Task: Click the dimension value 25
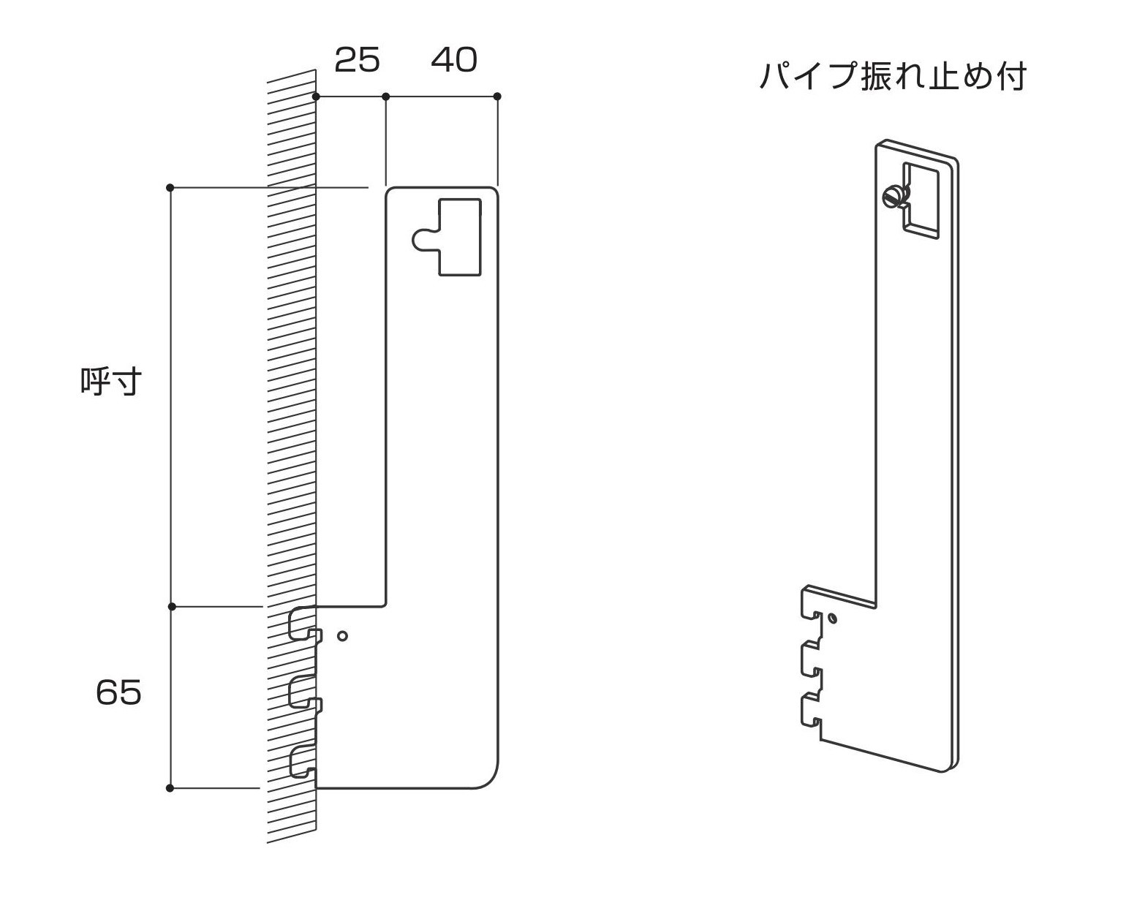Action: pyautogui.click(x=357, y=60)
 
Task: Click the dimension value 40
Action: pyautogui.click(x=453, y=60)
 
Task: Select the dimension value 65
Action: pyautogui.click(x=118, y=692)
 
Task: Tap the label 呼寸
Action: pyautogui.click(x=110, y=381)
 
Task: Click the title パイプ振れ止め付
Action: pyautogui.click(x=893, y=77)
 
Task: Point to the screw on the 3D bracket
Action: pyautogui.click(x=893, y=196)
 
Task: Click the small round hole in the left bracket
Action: pyautogui.click(x=341, y=636)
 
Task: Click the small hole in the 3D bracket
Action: pyautogui.click(x=833, y=619)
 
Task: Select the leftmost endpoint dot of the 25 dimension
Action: pyautogui.click(x=316, y=97)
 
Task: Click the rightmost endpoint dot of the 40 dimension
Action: pyautogui.click(x=497, y=97)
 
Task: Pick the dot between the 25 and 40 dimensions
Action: pyautogui.click(x=386, y=97)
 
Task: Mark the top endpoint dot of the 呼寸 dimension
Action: pyautogui.click(x=170, y=188)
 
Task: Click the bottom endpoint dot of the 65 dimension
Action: pyautogui.click(x=170, y=788)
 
